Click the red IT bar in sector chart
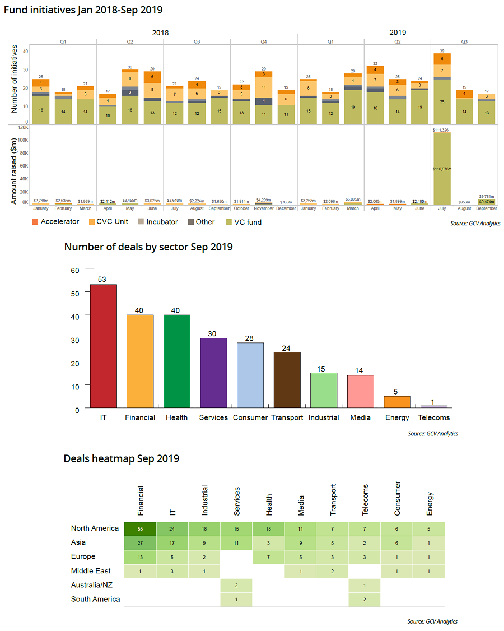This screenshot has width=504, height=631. point(104,346)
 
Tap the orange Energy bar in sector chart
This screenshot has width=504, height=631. point(397,401)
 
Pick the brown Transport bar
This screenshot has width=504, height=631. point(287,379)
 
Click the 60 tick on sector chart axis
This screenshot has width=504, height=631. point(75,270)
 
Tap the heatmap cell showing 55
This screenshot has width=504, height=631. point(141,528)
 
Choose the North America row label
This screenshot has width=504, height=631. point(95,528)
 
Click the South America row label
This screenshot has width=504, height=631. point(95,599)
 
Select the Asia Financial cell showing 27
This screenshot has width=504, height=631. point(141,542)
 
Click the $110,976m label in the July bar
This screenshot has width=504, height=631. point(442,168)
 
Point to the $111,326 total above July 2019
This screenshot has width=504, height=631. point(441,130)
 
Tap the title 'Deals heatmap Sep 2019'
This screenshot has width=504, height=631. point(122,458)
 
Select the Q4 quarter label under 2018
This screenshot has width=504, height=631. point(263,41)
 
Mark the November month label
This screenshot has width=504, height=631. point(264,208)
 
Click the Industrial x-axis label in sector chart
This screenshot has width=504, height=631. point(324,417)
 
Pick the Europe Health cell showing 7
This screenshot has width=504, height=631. point(269,556)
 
